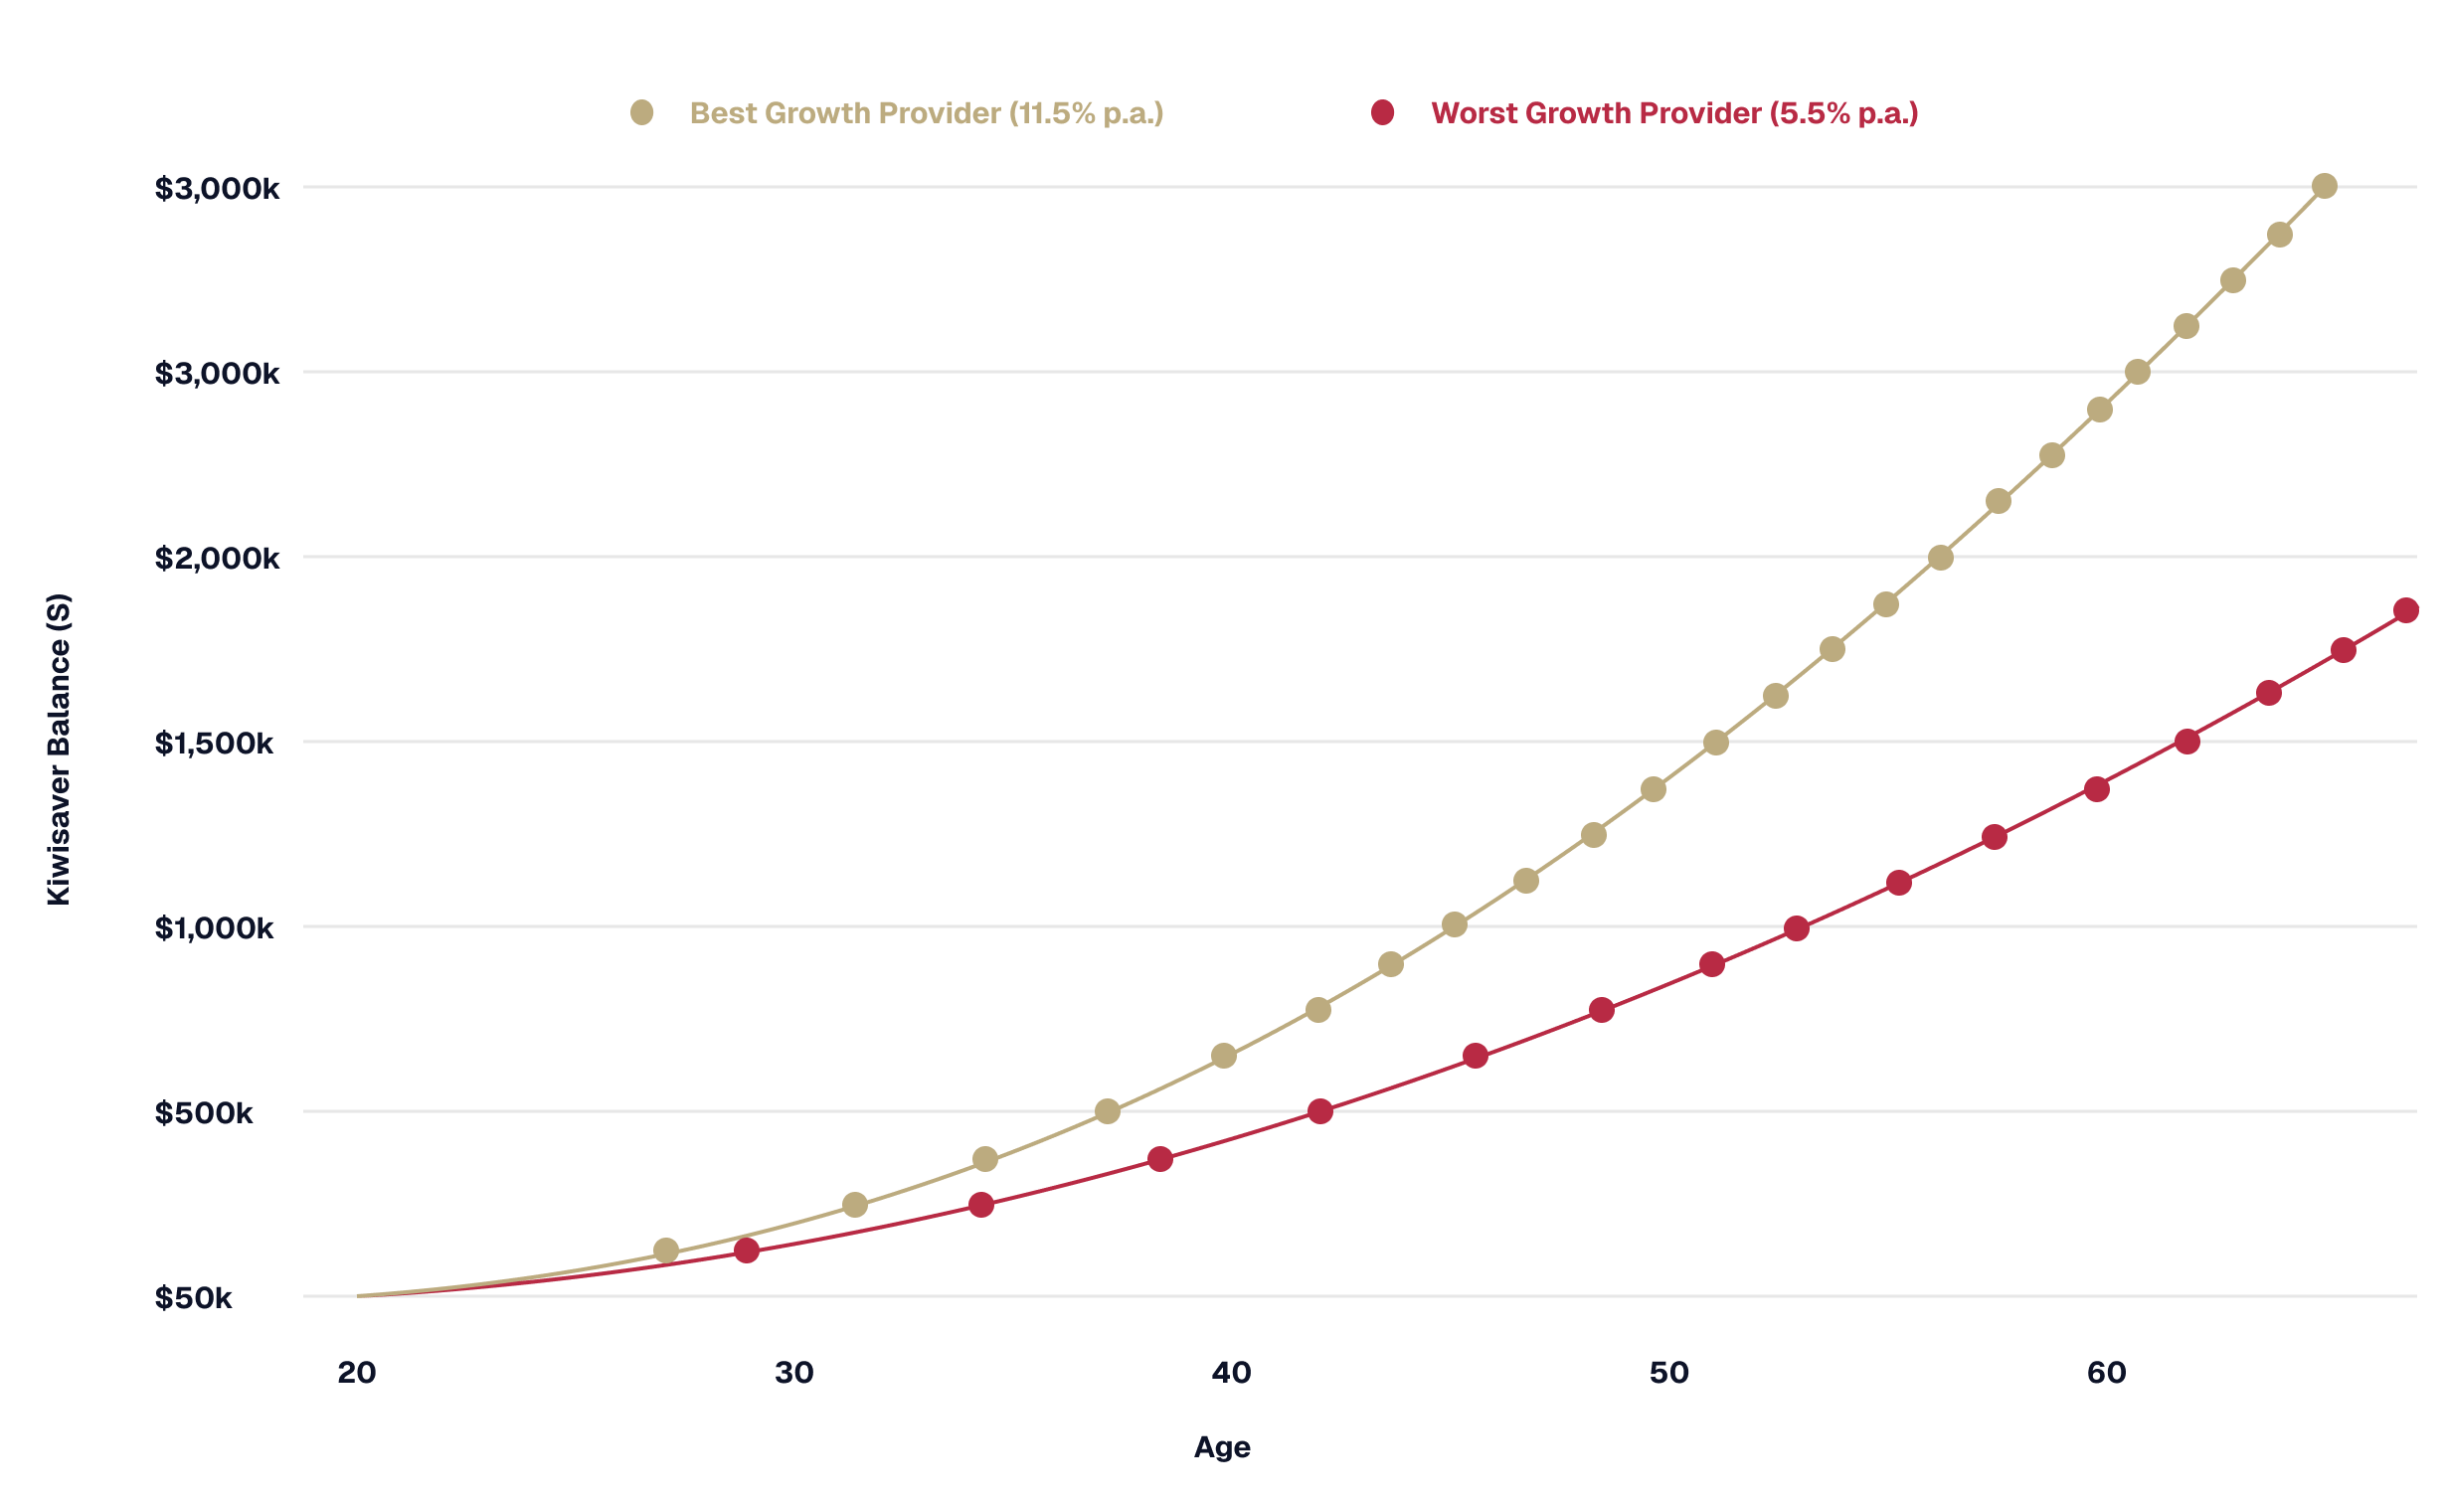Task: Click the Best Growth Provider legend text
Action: click(x=926, y=113)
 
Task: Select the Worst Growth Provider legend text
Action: click(x=1674, y=113)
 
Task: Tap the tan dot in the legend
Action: click(x=642, y=113)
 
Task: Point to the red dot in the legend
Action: click(x=1382, y=113)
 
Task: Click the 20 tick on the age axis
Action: click(x=356, y=1373)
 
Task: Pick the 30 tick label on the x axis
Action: click(x=793, y=1373)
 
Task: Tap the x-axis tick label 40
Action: click(x=1231, y=1373)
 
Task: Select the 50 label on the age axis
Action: click(x=1668, y=1373)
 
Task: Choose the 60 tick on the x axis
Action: click(x=2106, y=1373)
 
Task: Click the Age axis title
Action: click(x=1222, y=1447)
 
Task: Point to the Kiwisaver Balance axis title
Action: click(x=60, y=750)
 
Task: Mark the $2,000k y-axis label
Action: click(x=218, y=558)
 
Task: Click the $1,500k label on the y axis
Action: click(x=214, y=743)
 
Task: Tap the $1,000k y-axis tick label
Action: click(x=214, y=927)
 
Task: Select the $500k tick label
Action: click(x=204, y=1112)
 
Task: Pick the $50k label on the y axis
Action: click(x=193, y=1297)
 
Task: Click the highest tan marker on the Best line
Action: click(x=2325, y=186)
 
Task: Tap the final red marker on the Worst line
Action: click(x=2406, y=610)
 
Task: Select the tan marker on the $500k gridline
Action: click(x=1108, y=1111)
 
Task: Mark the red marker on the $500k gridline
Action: click(x=1320, y=1111)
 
